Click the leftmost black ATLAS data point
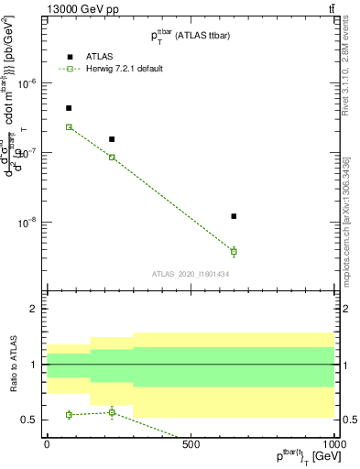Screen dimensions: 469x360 pyautogui.click(x=69, y=108)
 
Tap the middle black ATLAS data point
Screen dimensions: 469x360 pyautogui.click(x=112, y=139)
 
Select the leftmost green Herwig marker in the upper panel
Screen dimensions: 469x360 pyautogui.click(x=69, y=127)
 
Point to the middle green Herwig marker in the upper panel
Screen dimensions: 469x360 pyautogui.click(x=112, y=158)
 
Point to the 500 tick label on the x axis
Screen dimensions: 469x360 pyautogui.click(x=191, y=444)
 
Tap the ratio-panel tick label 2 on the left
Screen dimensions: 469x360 pyautogui.click(x=33, y=310)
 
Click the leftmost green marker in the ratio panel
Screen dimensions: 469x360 pyautogui.click(x=69, y=415)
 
